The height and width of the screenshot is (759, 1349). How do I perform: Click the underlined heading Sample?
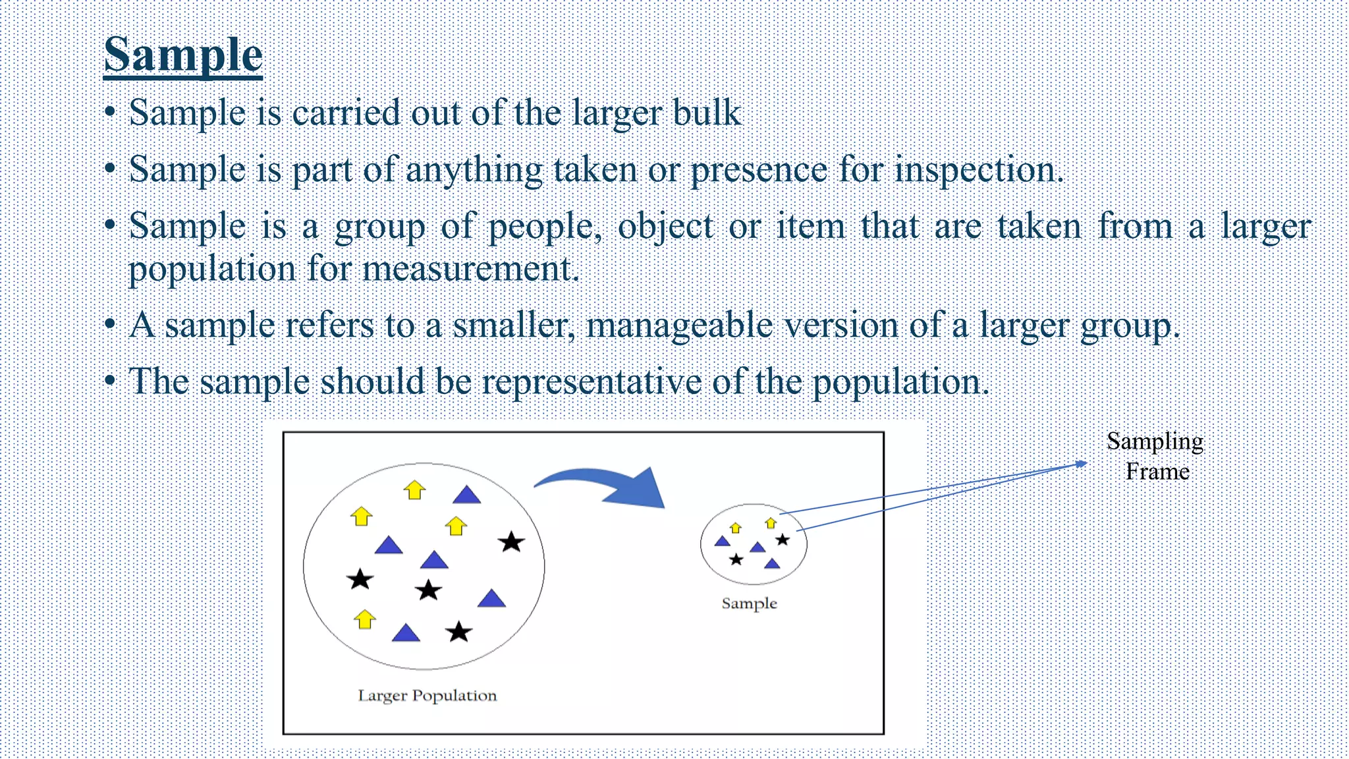tap(183, 55)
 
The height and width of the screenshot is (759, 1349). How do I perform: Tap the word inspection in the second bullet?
tap(977, 170)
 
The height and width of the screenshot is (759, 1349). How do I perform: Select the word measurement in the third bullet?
tap(470, 269)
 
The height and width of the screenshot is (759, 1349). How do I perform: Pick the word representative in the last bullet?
tap(592, 382)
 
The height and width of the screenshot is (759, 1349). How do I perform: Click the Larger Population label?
tap(427, 696)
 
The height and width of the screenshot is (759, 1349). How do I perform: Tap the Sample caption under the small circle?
tap(749, 604)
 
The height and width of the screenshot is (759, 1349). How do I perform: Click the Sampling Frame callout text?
tap(1156, 456)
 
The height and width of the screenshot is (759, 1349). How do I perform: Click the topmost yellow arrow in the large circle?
tap(414, 490)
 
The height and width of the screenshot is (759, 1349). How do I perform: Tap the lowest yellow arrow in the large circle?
tap(364, 619)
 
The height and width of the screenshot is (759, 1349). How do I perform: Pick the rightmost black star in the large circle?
tap(511, 542)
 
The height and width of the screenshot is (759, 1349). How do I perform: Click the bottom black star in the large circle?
tap(458, 632)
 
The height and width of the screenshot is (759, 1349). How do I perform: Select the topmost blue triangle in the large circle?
tap(467, 495)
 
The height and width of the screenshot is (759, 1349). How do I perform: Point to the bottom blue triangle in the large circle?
tap(406, 634)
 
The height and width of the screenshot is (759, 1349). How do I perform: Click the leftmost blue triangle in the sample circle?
tap(723, 542)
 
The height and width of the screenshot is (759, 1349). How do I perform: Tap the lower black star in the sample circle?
tap(736, 559)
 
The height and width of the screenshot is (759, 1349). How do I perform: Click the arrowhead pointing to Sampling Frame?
tap(1081, 464)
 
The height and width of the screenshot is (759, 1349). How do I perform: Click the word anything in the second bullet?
tap(474, 170)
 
